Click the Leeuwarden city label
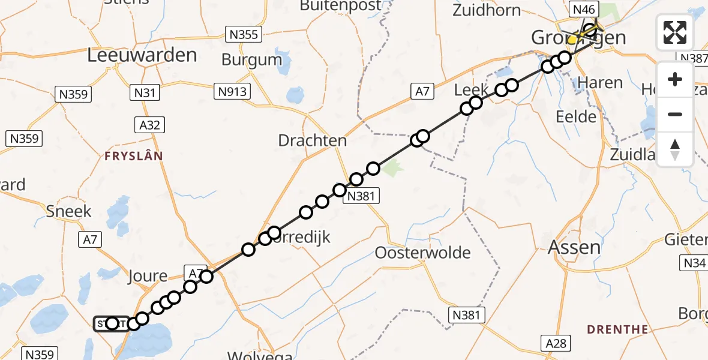[142, 55]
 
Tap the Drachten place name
[313, 141]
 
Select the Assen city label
[574, 247]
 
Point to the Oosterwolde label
[422, 253]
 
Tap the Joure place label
[147, 277]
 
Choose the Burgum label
[251, 60]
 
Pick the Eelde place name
[576, 116]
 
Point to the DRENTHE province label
[617, 329]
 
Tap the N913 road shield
[233, 91]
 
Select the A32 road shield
[150, 125]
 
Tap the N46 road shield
[584, 9]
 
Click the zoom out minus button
[675, 114]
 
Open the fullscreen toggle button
[675, 32]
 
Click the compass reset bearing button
[675, 149]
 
